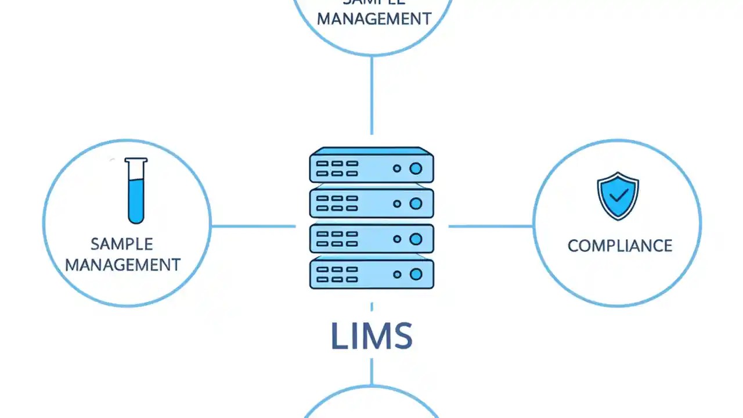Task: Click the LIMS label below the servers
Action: pos(371,336)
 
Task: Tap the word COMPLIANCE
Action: pos(619,246)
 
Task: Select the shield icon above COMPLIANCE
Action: pos(618,196)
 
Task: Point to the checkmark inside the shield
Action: pos(619,194)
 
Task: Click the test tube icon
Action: pos(136,190)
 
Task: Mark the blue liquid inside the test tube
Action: pos(136,201)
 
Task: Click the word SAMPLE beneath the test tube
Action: pos(122,244)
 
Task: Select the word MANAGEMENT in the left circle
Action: pos(122,265)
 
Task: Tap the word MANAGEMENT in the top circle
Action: pos(374,19)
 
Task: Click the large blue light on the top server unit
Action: pos(416,168)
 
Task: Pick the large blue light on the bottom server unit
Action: pos(416,275)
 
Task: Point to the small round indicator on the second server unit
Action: pos(397,204)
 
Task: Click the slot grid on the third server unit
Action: pos(337,239)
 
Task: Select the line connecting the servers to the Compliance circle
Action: pos(490,226)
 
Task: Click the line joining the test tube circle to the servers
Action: pos(253,226)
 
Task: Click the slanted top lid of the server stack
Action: pos(371,151)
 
